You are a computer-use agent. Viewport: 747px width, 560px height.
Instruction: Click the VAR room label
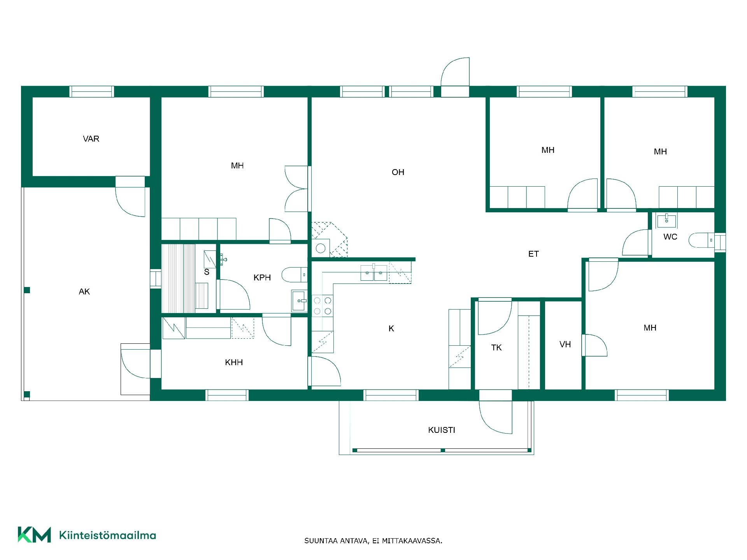tap(91, 139)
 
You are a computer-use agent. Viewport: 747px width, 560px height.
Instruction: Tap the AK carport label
tap(84, 292)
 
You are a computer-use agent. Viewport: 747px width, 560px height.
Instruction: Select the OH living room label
tap(398, 172)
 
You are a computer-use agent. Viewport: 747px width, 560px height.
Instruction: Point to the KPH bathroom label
tap(262, 278)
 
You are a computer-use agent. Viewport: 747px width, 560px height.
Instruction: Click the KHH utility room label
tap(234, 362)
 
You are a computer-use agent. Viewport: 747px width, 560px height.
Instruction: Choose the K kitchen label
tap(391, 329)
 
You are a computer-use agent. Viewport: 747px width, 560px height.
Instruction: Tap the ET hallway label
tap(533, 254)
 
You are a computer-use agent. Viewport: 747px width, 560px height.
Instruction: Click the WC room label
tap(670, 237)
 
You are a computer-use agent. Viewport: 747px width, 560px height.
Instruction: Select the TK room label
tap(496, 348)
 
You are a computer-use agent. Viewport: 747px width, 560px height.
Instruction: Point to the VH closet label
tap(565, 344)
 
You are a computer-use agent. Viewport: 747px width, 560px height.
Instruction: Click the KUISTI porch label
tap(442, 430)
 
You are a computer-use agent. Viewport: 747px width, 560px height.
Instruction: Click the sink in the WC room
tap(666, 220)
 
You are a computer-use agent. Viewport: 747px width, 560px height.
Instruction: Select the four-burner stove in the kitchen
tap(323, 305)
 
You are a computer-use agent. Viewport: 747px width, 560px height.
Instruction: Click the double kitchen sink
tap(374, 273)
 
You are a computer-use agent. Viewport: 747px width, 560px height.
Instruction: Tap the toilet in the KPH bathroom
tap(295, 275)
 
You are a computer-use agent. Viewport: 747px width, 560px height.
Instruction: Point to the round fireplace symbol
tap(321, 248)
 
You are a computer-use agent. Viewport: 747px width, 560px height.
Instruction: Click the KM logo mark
tap(34, 535)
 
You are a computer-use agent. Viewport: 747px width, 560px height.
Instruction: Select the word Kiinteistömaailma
tap(107, 535)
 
